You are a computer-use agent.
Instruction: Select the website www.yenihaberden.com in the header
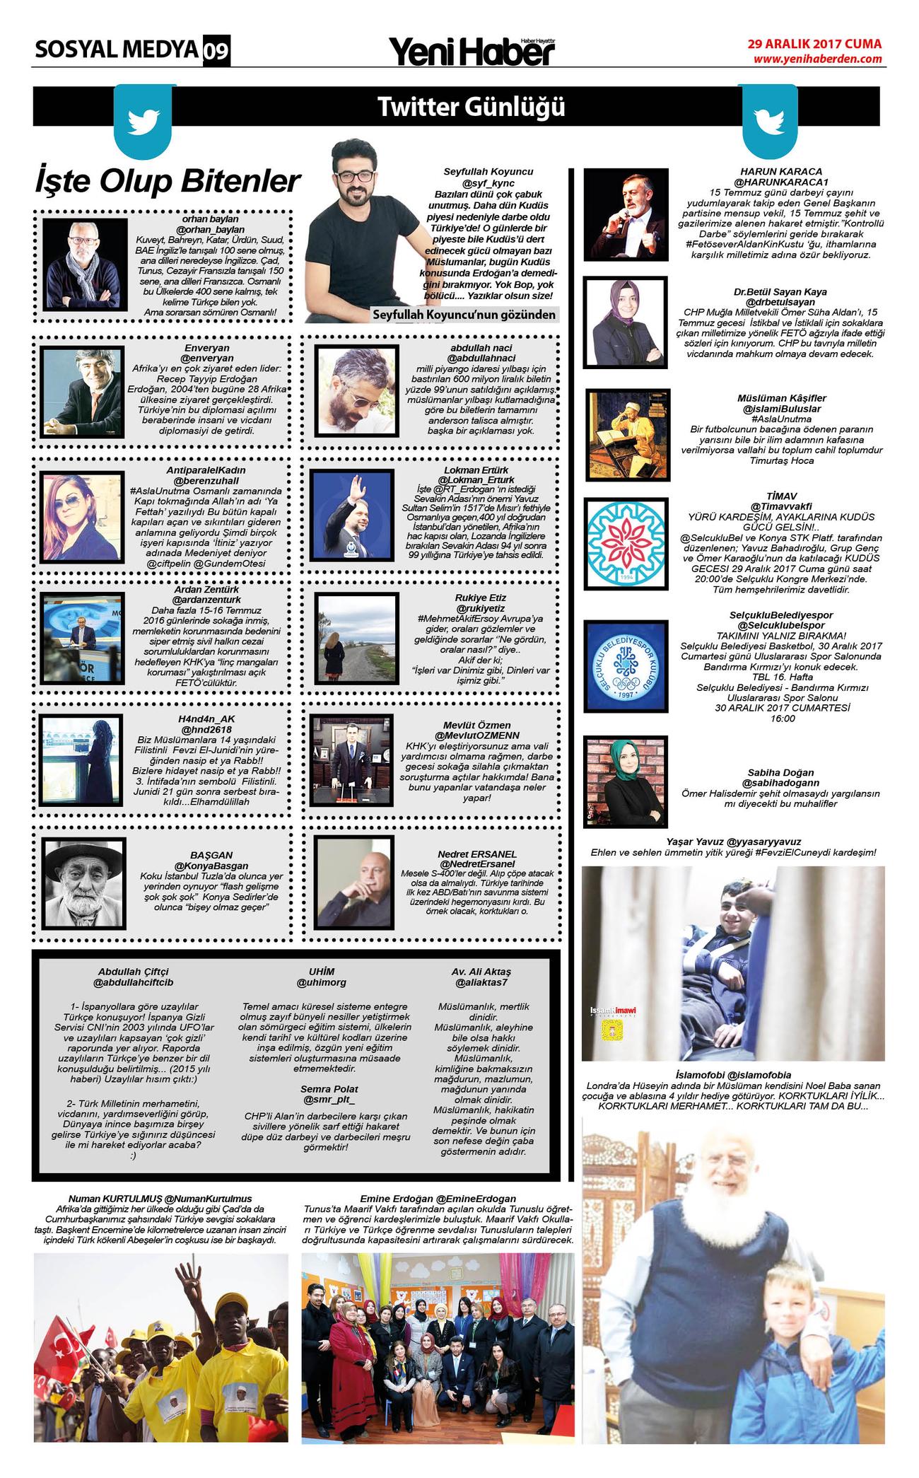coord(817,59)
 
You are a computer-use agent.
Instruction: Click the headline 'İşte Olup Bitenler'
coord(168,181)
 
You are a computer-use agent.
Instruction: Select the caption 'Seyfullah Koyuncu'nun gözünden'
coord(464,315)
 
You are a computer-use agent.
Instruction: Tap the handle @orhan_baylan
coord(210,230)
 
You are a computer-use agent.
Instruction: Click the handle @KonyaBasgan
coord(211,866)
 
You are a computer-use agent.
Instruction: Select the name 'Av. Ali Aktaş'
coord(481,971)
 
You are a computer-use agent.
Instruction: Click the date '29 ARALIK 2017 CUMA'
coord(815,44)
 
